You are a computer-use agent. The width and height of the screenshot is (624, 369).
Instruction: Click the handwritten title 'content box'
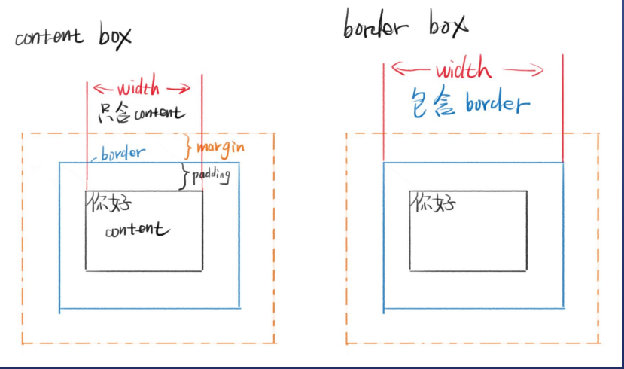point(72,37)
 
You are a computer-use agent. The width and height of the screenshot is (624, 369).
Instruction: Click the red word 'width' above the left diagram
point(138,87)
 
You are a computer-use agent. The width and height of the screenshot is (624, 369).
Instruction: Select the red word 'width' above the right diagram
point(462,71)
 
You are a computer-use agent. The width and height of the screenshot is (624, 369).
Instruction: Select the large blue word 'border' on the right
point(497,102)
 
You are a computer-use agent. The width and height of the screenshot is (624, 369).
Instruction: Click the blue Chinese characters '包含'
point(434,102)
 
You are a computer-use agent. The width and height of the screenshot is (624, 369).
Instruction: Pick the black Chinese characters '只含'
point(115,114)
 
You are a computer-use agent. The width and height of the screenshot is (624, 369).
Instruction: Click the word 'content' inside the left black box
point(137,230)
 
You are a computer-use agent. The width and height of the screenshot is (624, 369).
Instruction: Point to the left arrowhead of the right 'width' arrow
point(397,72)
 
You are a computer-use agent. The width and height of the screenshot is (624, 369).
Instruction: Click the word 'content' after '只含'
point(157,114)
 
